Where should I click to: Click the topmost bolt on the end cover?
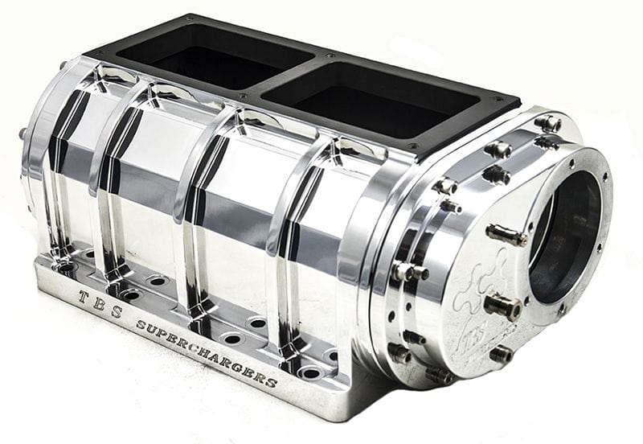[549, 123]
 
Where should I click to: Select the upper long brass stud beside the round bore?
[506, 236]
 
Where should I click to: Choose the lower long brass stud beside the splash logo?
[502, 306]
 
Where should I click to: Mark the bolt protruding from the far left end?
[23, 134]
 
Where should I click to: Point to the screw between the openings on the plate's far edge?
[328, 57]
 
